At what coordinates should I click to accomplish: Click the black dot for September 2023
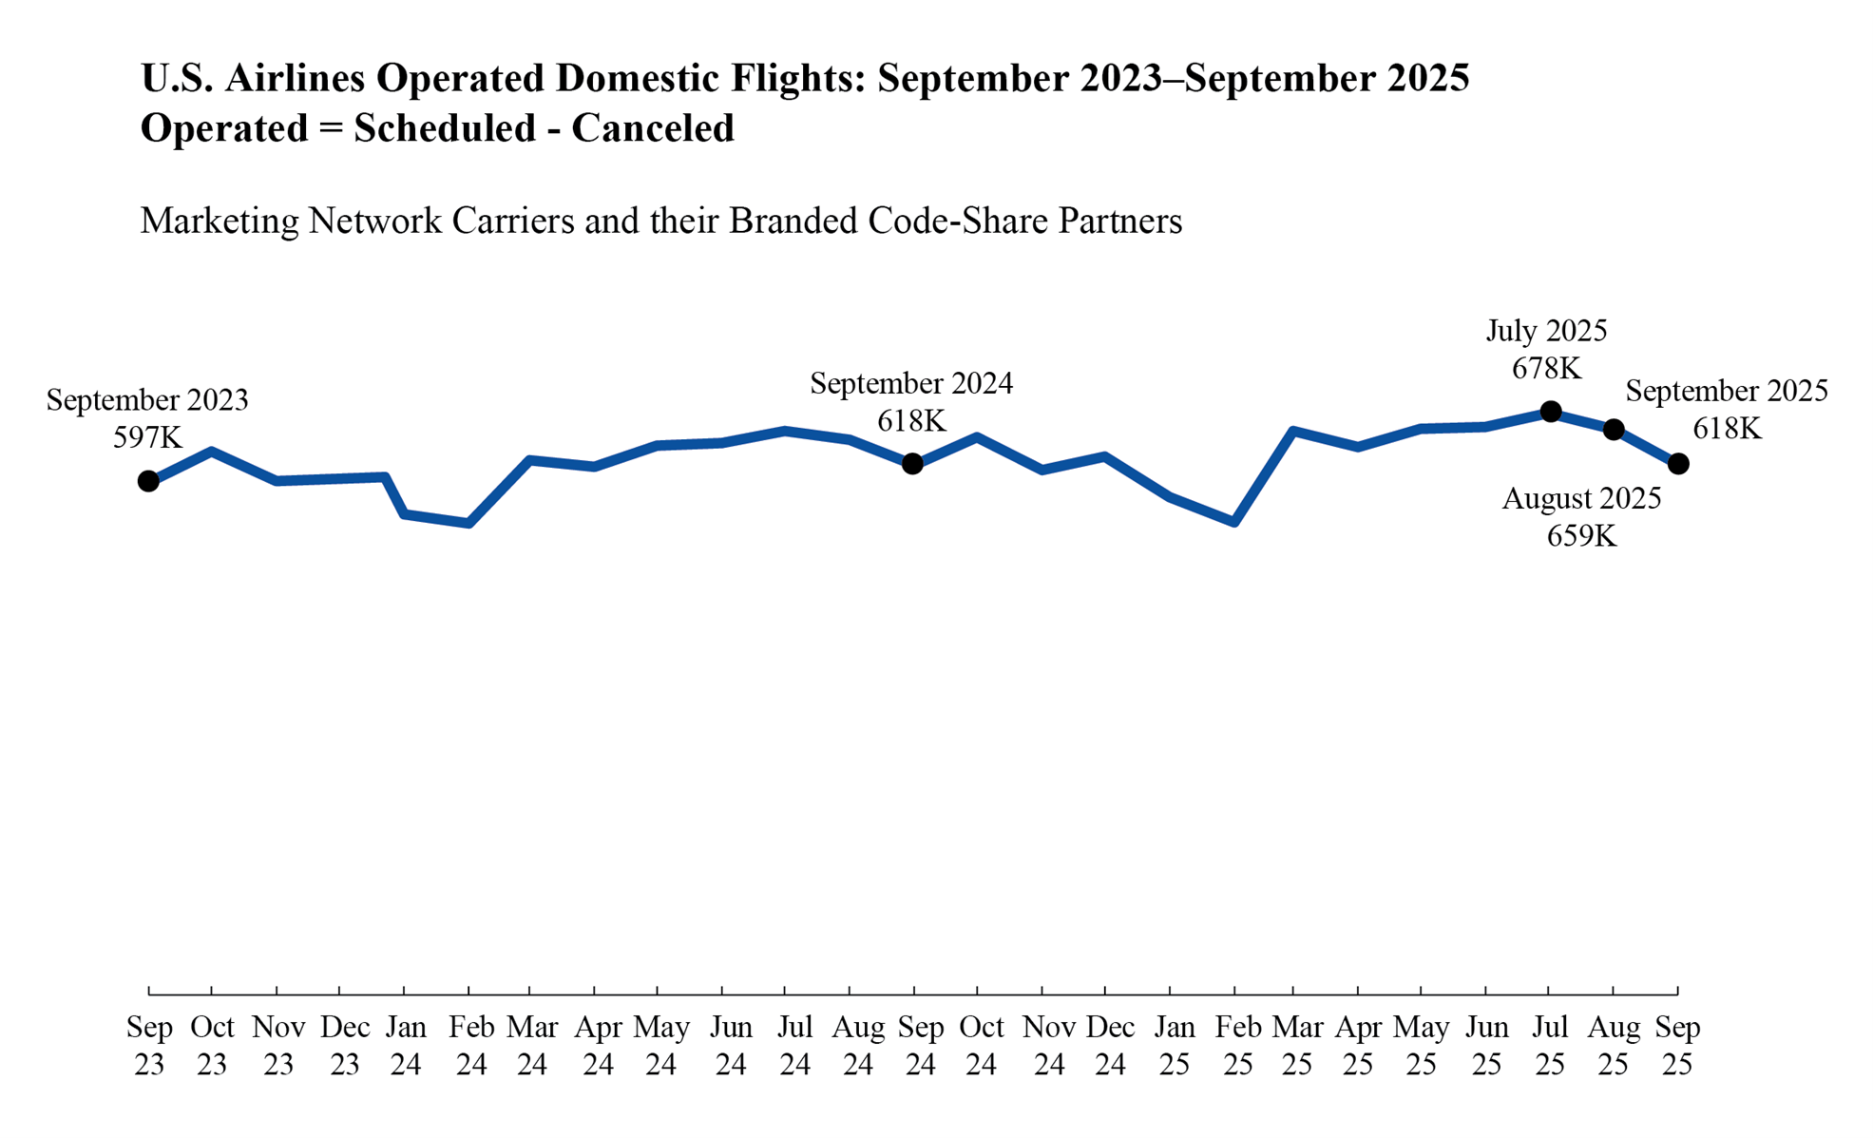click(148, 481)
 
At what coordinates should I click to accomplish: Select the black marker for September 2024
click(912, 464)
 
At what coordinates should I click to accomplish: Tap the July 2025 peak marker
click(1550, 412)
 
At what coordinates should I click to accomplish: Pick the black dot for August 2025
click(1614, 430)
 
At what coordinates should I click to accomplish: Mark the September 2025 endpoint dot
click(1678, 464)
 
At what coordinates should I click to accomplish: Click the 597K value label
click(147, 437)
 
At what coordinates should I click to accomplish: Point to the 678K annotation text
click(1546, 369)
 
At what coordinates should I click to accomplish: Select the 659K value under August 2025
click(1581, 536)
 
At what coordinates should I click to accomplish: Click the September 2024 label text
click(911, 384)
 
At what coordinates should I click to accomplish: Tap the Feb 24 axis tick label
click(470, 1046)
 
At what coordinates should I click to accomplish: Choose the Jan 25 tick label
click(1174, 1046)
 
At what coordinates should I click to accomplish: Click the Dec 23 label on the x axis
click(344, 1046)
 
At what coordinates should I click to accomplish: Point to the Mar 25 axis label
click(1297, 1046)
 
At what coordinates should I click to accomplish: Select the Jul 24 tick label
click(794, 1046)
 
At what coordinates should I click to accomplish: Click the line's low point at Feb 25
click(1233, 522)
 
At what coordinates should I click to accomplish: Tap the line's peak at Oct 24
click(977, 437)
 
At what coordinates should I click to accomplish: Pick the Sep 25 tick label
click(1677, 1046)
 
